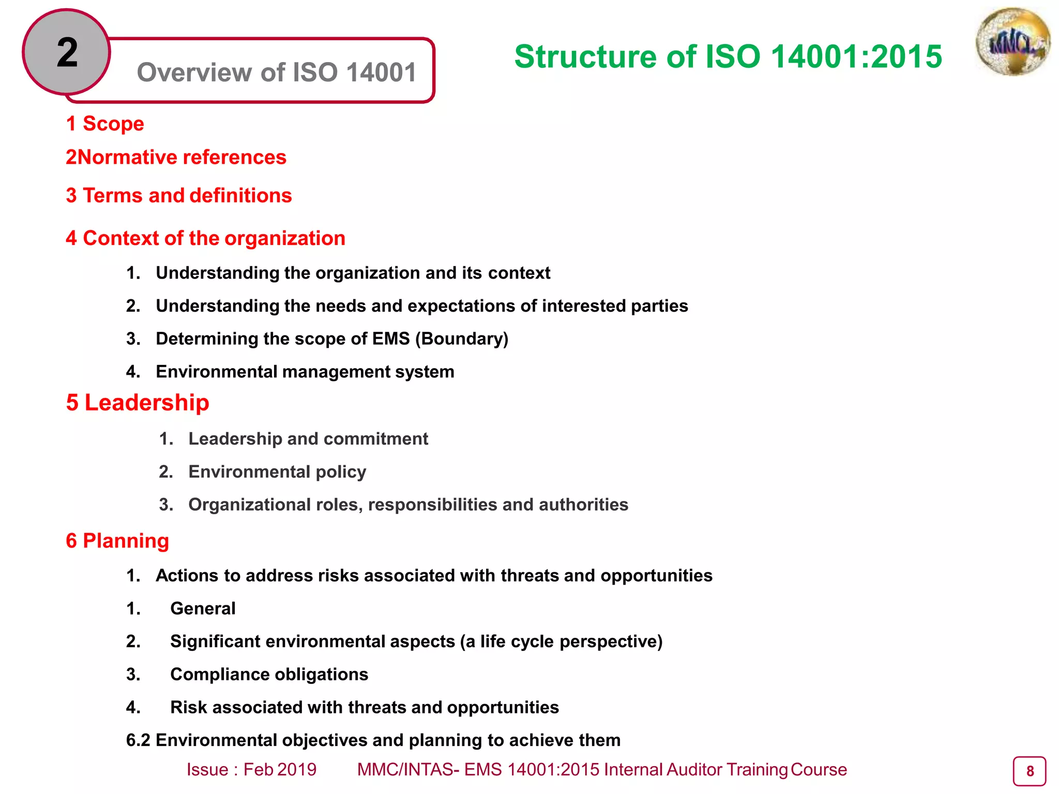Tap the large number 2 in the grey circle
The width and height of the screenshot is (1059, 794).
(x=67, y=53)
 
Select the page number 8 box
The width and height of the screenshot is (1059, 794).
(x=1029, y=771)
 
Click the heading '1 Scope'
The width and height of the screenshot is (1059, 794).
(x=105, y=124)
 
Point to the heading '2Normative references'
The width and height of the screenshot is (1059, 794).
(x=176, y=157)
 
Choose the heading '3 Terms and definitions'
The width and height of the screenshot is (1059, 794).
(x=179, y=196)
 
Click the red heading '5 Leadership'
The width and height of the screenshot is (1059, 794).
(x=138, y=403)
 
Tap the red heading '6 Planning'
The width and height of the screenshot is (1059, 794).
(x=117, y=541)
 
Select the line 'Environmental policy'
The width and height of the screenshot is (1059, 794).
(x=277, y=472)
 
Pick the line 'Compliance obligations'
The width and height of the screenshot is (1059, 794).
(x=269, y=675)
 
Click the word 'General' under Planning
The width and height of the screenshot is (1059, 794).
(x=203, y=609)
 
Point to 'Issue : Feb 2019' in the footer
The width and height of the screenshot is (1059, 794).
(x=251, y=770)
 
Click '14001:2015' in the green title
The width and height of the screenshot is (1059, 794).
(x=856, y=56)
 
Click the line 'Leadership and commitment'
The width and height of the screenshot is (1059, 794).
(x=308, y=439)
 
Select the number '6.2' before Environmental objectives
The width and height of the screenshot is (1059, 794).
(x=138, y=740)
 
